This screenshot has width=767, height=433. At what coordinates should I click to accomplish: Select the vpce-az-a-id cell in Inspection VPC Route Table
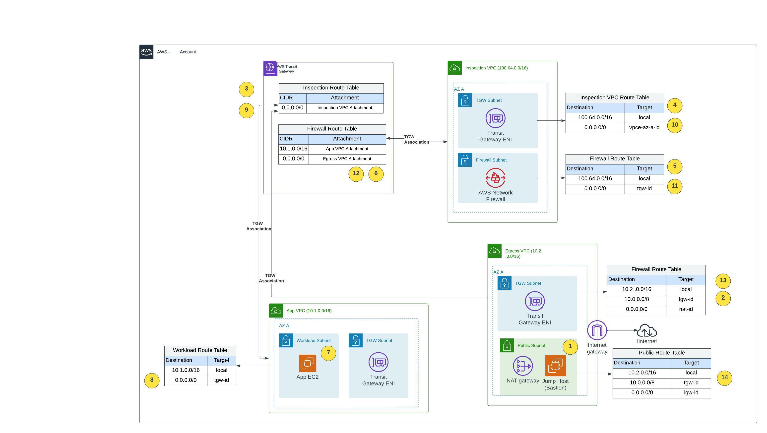click(x=644, y=128)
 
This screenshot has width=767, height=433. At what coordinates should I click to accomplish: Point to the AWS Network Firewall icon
click(x=495, y=178)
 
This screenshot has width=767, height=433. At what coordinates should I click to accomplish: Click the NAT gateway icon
click(x=522, y=366)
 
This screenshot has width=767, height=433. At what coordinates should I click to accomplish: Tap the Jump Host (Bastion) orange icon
click(x=555, y=366)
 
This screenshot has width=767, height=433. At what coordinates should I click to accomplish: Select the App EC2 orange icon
click(x=307, y=363)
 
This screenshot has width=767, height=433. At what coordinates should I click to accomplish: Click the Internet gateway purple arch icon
click(x=597, y=330)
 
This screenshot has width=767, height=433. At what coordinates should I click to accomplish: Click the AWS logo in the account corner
click(x=146, y=52)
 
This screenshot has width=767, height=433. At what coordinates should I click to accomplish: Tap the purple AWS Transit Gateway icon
click(x=270, y=68)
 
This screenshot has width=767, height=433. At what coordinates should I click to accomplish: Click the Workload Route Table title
click(x=200, y=350)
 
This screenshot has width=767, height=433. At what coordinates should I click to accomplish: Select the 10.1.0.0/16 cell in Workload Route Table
click(x=186, y=370)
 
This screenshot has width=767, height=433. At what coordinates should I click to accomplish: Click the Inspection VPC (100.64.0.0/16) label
click(x=496, y=68)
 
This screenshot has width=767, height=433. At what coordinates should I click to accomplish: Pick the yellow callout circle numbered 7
click(x=328, y=353)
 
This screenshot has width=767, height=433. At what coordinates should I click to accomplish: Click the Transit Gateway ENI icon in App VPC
click(x=378, y=362)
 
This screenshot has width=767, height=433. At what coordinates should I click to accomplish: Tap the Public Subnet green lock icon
click(x=507, y=345)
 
